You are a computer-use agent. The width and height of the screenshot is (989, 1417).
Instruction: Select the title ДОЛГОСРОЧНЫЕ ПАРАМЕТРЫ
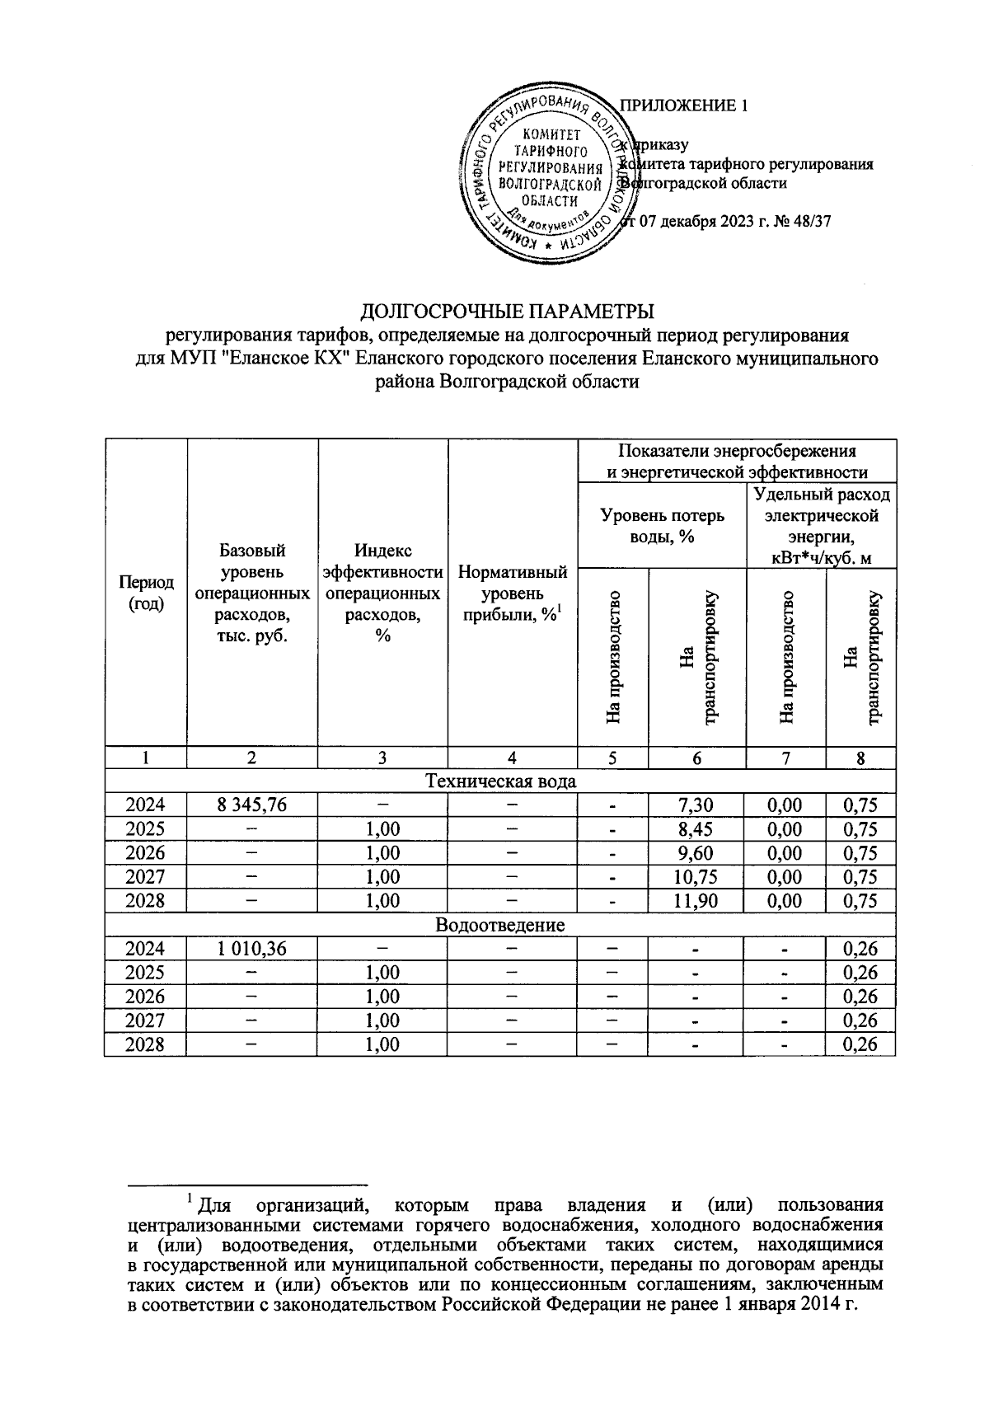point(508,312)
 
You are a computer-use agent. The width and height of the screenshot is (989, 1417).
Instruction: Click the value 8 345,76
point(252,805)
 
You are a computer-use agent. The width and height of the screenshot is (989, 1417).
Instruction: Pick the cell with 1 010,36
point(252,949)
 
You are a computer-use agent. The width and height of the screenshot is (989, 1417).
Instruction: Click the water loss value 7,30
point(696,805)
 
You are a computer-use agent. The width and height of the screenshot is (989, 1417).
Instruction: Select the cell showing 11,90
point(696,900)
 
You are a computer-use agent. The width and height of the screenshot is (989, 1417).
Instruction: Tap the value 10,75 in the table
point(696,876)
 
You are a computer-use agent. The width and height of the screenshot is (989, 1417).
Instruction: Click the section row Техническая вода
point(499,781)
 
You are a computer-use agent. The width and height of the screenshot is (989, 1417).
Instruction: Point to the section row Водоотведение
point(499,924)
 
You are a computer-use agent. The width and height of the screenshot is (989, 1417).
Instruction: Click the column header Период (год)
point(146,592)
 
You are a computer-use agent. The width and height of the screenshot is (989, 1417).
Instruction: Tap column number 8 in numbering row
point(860,758)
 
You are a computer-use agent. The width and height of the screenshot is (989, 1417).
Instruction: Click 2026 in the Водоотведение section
point(145,997)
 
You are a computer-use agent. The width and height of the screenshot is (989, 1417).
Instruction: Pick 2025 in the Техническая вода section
point(145,828)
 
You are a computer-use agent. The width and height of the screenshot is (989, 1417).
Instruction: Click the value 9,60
point(696,852)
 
